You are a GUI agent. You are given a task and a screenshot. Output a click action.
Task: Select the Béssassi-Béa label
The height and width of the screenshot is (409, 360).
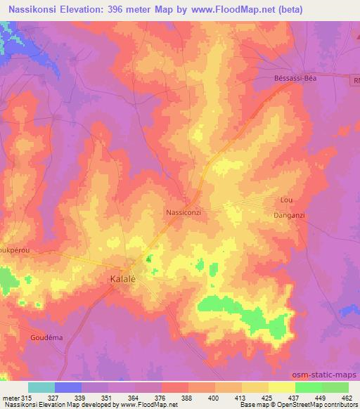(x=298, y=79)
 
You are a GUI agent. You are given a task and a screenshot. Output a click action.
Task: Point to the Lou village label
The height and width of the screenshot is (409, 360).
(x=285, y=200)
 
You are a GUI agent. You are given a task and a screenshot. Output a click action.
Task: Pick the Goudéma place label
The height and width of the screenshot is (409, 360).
(x=47, y=337)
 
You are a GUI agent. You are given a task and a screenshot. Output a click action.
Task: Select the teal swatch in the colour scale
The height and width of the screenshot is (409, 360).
(x=41, y=388)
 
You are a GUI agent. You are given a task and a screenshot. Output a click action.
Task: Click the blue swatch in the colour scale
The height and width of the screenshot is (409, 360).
(x=68, y=388)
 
